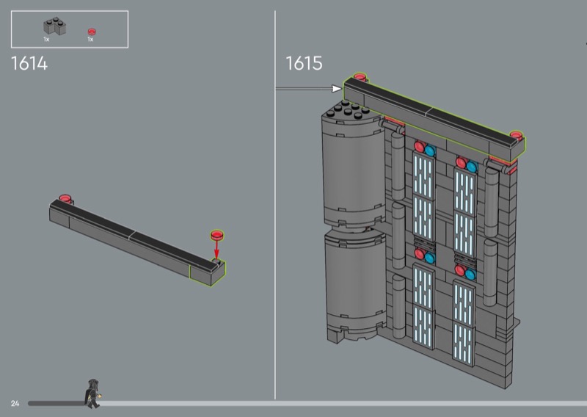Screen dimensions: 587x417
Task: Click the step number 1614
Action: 29,63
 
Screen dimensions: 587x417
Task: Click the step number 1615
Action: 304,63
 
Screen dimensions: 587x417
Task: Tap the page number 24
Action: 15,404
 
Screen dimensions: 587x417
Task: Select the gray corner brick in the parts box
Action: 54,26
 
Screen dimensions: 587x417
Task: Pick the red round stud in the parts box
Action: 92,32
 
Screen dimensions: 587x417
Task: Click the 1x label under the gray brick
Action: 46,40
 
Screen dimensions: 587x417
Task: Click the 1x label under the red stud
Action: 90,40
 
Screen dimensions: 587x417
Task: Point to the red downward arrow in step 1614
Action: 216,250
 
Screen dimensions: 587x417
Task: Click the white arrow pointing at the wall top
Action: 308,89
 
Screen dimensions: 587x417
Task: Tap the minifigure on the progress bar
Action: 92,394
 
